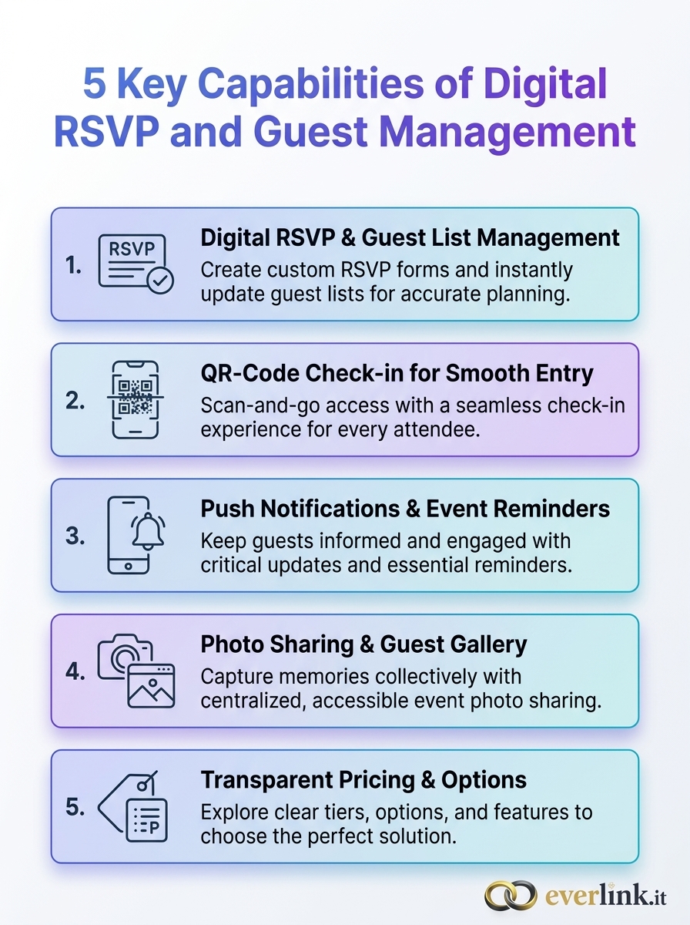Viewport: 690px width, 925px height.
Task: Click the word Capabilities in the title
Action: (x=310, y=84)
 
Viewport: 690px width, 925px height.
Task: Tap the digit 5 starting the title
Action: (x=94, y=83)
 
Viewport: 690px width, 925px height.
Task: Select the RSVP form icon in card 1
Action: (x=136, y=264)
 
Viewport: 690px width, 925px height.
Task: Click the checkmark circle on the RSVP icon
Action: (x=160, y=280)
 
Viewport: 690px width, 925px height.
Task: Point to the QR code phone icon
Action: (x=135, y=399)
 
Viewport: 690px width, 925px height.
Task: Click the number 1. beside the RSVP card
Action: (x=73, y=266)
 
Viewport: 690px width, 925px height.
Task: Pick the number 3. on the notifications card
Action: (x=75, y=536)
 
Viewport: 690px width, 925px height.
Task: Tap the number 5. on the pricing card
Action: (x=75, y=807)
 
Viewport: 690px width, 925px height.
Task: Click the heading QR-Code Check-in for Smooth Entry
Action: (x=397, y=374)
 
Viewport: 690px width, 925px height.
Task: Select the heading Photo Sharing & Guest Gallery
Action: (x=363, y=644)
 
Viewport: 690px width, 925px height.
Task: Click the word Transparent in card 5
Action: (x=266, y=780)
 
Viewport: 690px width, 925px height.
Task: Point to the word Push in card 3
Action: (x=227, y=509)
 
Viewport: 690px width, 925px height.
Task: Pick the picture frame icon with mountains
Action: (x=151, y=686)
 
